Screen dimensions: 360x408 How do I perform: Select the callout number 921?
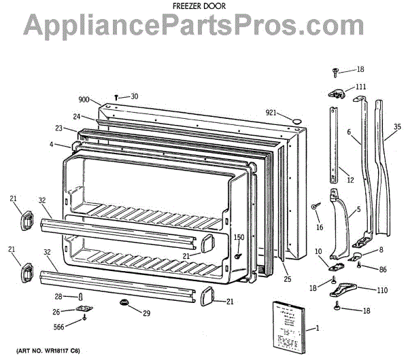272,112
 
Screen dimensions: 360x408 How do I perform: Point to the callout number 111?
360,86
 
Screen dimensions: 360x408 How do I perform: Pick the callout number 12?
350,180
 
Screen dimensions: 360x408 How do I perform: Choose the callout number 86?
383,270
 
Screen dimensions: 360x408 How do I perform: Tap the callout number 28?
59,296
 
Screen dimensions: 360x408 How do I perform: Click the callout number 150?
239,237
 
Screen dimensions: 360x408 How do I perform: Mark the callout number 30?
134,96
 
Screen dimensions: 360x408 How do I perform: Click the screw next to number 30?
117,97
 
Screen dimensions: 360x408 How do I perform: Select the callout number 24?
78,116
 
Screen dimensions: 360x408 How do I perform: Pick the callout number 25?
287,280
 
